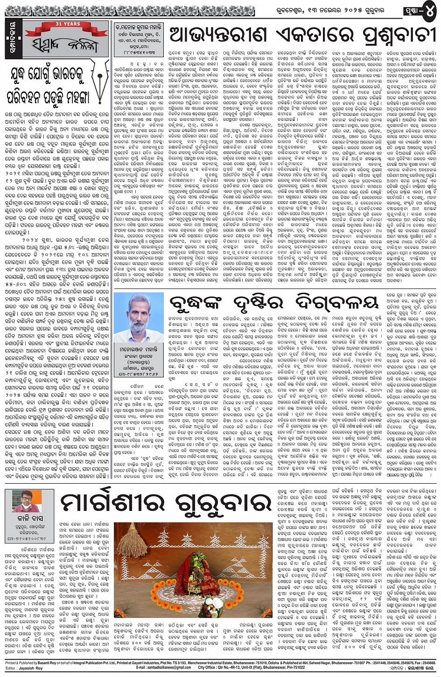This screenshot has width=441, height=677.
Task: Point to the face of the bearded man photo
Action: pyautogui.click(x=139, y=314)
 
